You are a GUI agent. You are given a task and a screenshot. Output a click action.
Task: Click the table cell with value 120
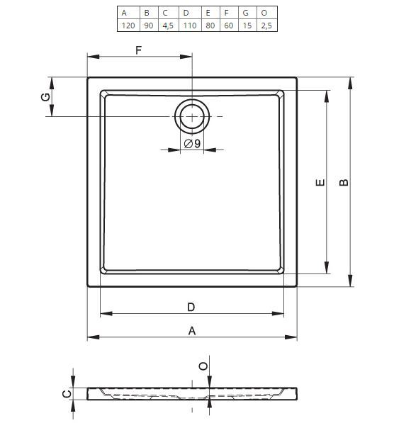pyautogui.click(x=128, y=26)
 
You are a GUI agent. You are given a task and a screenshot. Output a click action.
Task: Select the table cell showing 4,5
pyautogui.click(x=168, y=26)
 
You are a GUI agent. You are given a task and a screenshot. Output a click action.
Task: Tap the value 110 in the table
pyautogui.click(x=190, y=26)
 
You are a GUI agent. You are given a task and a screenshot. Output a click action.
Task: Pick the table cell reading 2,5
pyautogui.click(x=266, y=26)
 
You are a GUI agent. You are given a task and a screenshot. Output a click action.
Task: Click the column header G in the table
pyautogui.click(x=246, y=13)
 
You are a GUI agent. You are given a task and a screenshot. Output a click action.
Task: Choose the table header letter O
pyautogui.click(x=264, y=13)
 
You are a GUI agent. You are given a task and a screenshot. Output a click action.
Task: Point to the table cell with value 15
pyautogui.click(x=247, y=26)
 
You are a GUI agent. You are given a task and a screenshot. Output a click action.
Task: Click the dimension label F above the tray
pyautogui.click(x=138, y=50)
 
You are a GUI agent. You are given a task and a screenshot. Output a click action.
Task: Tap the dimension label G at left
pyautogui.click(x=45, y=97)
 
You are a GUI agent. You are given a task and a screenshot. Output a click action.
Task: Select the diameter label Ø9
pyautogui.click(x=192, y=144)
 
